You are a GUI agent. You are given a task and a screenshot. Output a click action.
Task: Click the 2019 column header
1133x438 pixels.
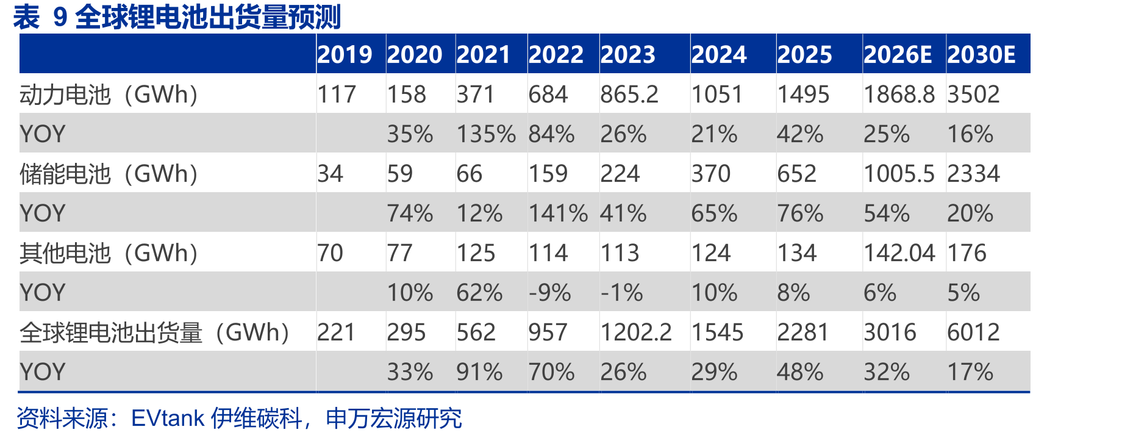click(345, 55)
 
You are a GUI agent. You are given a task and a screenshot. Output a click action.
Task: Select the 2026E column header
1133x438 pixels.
click(898, 55)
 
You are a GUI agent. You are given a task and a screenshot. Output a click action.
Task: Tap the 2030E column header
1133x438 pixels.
click(981, 55)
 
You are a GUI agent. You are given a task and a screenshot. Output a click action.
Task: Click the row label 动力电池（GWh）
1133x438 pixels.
click(109, 95)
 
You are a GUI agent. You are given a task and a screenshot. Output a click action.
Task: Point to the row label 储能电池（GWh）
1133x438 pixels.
click(109, 174)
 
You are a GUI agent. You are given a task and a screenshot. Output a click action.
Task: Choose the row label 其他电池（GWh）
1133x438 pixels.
click(109, 253)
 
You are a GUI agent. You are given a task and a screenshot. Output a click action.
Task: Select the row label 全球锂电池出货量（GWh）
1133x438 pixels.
click(155, 332)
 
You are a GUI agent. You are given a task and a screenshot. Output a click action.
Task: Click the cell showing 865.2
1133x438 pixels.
click(629, 95)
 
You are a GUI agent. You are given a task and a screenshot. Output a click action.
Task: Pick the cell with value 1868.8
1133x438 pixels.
click(899, 95)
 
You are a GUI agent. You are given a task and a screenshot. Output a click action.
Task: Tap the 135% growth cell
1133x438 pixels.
click(486, 134)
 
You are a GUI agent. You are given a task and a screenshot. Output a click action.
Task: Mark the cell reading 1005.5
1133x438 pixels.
click(899, 174)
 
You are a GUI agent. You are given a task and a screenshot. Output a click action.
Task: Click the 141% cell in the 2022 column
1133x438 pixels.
click(558, 214)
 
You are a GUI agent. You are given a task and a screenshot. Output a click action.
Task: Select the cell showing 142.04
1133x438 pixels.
click(899, 253)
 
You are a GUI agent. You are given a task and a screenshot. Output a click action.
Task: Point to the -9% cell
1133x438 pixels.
click(550, 293)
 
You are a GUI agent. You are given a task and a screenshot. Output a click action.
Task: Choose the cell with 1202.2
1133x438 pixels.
click(636, 332)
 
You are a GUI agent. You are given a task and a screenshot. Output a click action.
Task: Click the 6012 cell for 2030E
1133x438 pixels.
click(973, 332)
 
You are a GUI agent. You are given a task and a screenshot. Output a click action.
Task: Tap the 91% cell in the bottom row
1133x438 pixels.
click(480, 372)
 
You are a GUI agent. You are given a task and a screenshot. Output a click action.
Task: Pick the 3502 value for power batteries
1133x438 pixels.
click(973, 95)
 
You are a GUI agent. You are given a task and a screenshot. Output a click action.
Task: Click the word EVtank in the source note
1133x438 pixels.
click(168, 418)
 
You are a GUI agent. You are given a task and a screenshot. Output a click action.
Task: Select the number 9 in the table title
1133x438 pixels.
click(60, 17)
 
